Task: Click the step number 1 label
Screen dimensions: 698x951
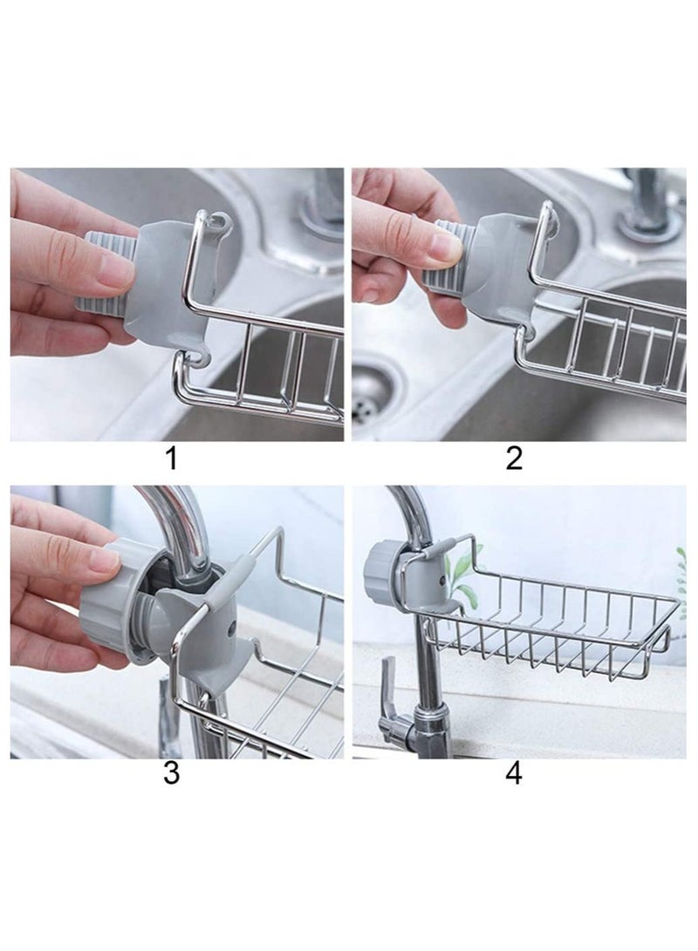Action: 172,458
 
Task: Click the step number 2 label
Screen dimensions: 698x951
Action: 514,458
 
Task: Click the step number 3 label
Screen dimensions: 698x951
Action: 172,773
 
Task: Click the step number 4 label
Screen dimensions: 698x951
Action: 514,773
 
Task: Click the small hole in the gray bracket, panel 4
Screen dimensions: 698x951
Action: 441,580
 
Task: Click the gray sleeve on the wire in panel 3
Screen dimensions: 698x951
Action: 226,588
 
